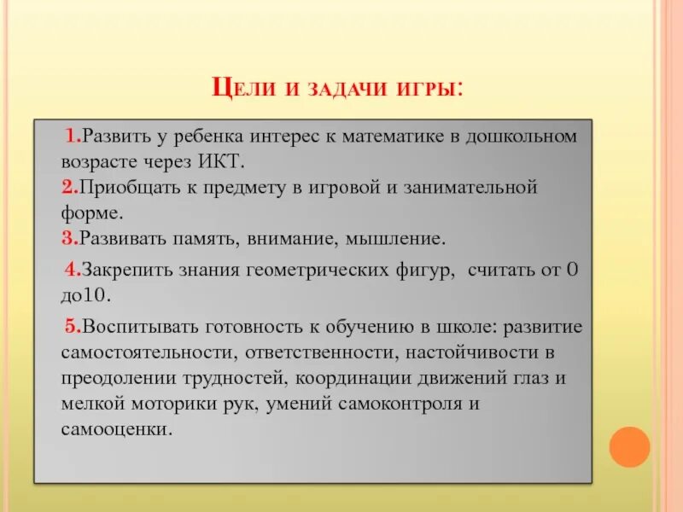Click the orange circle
pos(630,446)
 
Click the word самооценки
pos(111,428)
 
